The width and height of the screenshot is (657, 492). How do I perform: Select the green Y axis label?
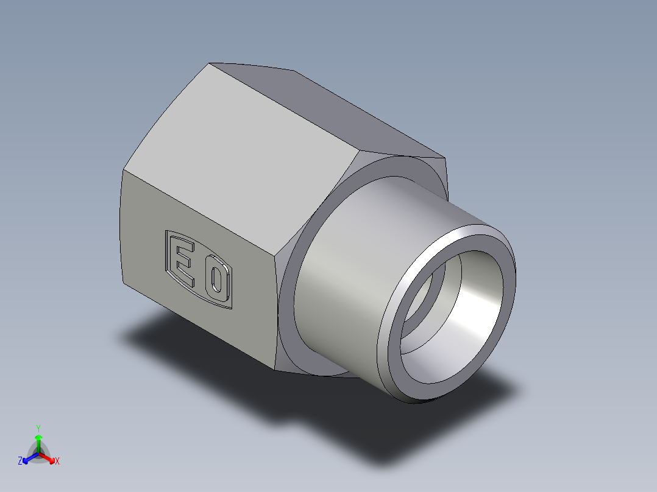38,427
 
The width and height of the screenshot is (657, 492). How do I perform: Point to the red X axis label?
57,462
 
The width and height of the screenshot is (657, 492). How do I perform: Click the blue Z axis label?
20,462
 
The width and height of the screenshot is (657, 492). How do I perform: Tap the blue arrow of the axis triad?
28,458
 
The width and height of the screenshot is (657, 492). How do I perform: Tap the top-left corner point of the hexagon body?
210,63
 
